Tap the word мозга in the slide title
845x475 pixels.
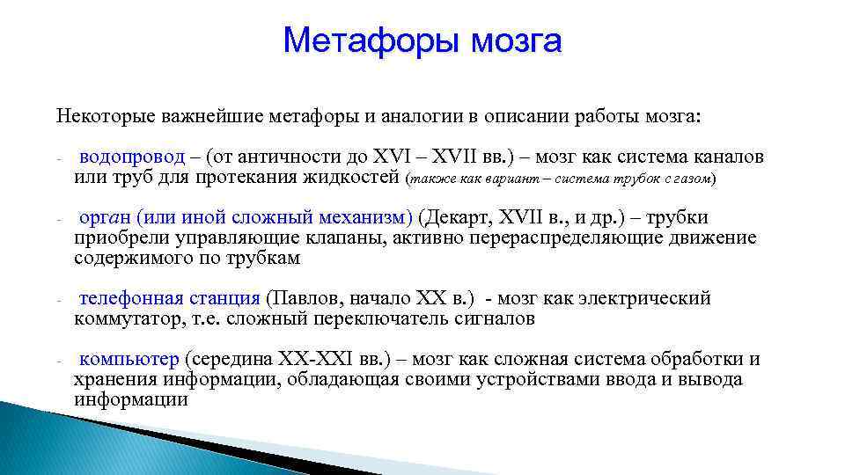pos(516,40)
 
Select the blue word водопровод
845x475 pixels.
pos(132,157)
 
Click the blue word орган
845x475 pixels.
pos(106,218)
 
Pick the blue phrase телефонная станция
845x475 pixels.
pos(169,299)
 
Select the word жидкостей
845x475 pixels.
pos(356,178)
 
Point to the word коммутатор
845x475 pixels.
pos(129,319)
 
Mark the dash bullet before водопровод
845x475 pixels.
pos(57,160)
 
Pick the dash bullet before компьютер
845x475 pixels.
pos(57,362)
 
